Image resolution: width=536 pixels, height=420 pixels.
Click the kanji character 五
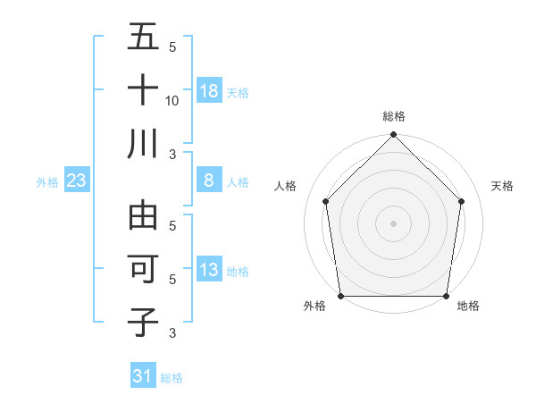pos(144,38)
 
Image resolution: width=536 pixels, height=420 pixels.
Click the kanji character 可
pos(144,269)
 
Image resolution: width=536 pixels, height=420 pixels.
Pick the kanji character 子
pos(144,321)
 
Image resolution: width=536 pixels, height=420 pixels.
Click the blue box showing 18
pos(209,90)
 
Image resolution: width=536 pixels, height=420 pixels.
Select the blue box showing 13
pos(209,271)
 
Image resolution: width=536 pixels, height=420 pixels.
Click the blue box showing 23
pos(77,181)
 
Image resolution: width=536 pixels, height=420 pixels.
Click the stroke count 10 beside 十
pos(172,100)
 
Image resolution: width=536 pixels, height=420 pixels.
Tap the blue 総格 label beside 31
pos(172,378)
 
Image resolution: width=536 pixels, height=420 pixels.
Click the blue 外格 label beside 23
pos(47,182)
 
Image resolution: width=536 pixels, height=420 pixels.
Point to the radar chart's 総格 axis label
pos(394,116)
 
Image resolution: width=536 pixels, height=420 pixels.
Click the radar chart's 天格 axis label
pos(502,186)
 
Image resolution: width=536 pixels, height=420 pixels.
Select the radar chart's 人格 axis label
pos(285,186)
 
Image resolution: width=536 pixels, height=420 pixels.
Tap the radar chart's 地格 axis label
pos(468,307)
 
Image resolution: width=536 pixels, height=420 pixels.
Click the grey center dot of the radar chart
pos(393,223)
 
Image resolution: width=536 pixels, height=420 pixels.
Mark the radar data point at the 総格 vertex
pos(393,136)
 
